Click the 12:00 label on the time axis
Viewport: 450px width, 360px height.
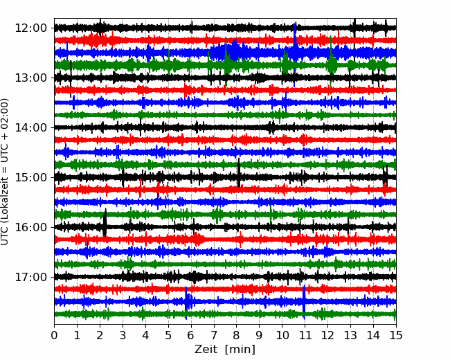(x=30, y=28)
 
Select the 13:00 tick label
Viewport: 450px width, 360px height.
(x=30, y=78)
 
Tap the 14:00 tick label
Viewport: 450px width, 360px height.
(x=30, y=127)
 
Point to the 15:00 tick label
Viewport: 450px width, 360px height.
(x=30, y=177)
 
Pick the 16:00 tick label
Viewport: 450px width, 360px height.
(x=30, y=227)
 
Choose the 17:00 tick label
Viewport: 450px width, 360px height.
(x=30, y=277)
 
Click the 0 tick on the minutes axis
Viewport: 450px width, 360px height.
(x=54, y=335)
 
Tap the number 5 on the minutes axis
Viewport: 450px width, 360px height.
(x=168, y=335)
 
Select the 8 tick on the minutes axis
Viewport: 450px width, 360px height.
(x=237, y=335)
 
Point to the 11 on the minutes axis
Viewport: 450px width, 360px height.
(x=305, y=335)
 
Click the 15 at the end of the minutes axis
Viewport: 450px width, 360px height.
(x=396, y=335)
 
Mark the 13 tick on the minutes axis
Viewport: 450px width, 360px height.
(x=350, y=335)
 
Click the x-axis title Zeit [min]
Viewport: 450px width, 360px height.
(x=225, y=350)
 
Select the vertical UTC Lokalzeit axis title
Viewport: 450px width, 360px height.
(x=5, y=172)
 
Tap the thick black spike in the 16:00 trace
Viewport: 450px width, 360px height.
(x=105, y=223)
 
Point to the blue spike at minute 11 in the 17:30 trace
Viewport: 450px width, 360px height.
(x=304, y=302)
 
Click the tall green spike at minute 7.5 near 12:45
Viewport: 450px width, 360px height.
(x=226, y=62)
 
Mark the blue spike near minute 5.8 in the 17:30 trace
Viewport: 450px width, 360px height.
(x=186, y=303)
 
